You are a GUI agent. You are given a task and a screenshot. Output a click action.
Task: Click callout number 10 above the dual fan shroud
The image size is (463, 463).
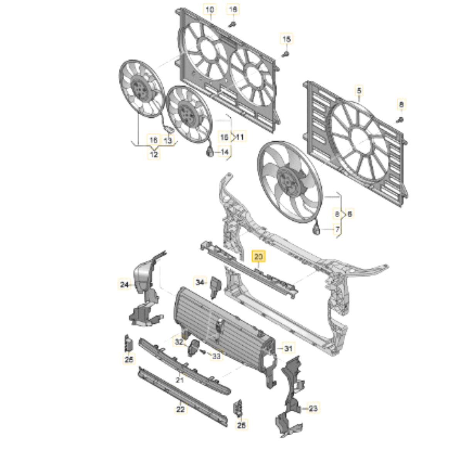211,9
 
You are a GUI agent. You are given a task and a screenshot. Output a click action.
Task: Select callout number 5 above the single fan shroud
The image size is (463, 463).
359,91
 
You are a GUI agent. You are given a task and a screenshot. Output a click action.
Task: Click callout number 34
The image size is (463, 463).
200,282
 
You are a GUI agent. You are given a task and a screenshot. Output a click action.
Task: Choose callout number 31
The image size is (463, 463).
288,348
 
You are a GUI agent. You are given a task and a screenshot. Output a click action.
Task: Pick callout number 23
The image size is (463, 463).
313,408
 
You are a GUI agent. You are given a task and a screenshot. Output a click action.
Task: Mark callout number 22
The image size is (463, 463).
181,409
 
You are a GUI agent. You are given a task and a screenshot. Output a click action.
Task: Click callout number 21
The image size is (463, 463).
179,380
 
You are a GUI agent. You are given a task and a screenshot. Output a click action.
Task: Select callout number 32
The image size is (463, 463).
179,342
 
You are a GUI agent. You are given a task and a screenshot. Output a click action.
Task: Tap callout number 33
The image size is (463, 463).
216,356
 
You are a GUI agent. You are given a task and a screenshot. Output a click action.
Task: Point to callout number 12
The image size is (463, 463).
154,154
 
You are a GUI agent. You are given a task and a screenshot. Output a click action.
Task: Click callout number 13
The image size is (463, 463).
167,141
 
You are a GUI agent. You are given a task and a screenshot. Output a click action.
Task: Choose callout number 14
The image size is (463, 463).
225,152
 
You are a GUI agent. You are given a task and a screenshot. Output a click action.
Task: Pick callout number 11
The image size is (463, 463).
240,137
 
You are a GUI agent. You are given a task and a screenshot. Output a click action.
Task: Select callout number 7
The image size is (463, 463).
337,230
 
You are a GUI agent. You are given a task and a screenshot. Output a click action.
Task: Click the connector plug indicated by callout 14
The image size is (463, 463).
210,153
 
